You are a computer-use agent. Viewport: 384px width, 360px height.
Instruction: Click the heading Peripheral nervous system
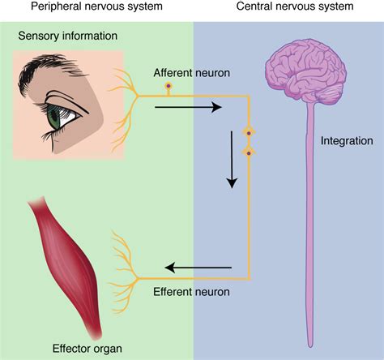96,7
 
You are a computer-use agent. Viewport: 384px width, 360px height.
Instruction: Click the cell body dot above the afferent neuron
169,85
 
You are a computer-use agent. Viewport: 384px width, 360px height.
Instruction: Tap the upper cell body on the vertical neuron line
250,131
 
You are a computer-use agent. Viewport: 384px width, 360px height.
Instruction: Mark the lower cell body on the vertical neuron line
250,152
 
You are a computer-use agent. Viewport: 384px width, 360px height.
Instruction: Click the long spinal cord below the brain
309,227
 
